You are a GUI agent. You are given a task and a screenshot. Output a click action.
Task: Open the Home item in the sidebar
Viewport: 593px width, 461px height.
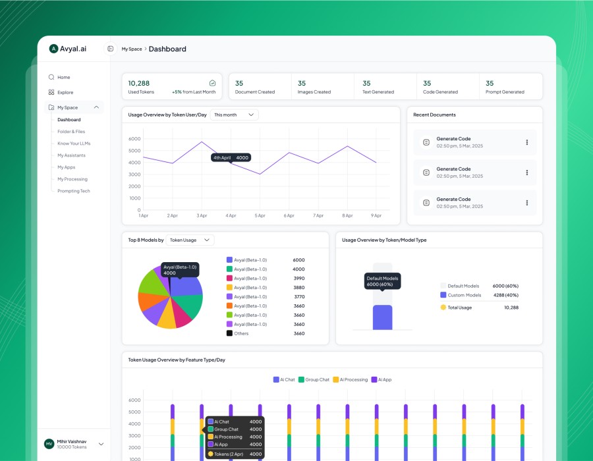63,77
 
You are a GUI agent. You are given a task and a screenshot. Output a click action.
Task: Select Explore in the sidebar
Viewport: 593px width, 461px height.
65,92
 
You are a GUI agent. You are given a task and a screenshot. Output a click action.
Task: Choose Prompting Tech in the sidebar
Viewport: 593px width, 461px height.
73,191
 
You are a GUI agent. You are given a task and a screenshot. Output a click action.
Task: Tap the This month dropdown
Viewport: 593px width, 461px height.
234,115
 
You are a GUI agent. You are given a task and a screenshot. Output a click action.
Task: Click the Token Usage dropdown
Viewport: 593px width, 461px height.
190,240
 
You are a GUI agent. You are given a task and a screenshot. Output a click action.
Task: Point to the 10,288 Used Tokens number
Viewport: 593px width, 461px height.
138,84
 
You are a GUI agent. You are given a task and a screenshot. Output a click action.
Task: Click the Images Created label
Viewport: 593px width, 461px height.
314,92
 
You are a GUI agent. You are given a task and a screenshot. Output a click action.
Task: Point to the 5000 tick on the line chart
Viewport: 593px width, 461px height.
134,151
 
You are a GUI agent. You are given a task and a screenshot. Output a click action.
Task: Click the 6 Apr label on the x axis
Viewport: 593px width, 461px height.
289,215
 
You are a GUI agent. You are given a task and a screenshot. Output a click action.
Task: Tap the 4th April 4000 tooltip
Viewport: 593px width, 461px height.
231,157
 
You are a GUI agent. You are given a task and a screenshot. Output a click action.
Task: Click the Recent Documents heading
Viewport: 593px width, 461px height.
434,115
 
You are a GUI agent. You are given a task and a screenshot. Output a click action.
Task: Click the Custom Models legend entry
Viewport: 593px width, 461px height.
463,295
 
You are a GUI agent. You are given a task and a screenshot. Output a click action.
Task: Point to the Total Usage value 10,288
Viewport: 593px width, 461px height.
511,308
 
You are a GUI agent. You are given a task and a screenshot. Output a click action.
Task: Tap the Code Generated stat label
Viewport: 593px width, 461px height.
441,92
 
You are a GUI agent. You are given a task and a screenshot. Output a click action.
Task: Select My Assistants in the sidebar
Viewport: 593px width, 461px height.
71,155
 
